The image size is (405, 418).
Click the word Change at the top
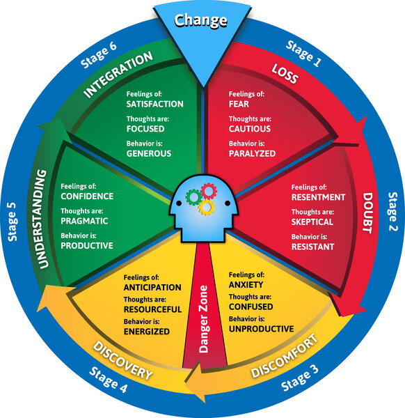[x=201, y=21]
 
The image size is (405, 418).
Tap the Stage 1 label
[x=304, y=54]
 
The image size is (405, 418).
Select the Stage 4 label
[x=108, y=380]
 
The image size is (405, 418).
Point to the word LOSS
[x=285, y=74]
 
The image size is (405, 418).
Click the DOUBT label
[x=367, y=213]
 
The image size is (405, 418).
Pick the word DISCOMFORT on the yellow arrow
[x=285, y=355]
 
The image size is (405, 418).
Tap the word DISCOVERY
[x=122, y=361]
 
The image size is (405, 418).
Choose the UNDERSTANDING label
[x=42, y=219]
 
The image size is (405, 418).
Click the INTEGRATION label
[x=118, y=75]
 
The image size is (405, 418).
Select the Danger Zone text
[x=203, y=319]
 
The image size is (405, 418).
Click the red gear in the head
[x=209, y=191]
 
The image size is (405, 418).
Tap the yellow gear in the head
[x=207, y=207]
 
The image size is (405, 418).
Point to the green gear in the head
[x=193, y=197]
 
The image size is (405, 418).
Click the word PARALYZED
[x=252, y=153]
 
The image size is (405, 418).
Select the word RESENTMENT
[x=318, y=197]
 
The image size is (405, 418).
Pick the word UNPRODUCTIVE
[x=261, y=329]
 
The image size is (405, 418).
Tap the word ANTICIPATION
[x=152, y=287]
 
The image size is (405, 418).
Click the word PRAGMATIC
[x=84, y=221]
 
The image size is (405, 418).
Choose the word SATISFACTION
[x=154, y=104]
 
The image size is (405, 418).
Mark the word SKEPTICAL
[x=312, y=222]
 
